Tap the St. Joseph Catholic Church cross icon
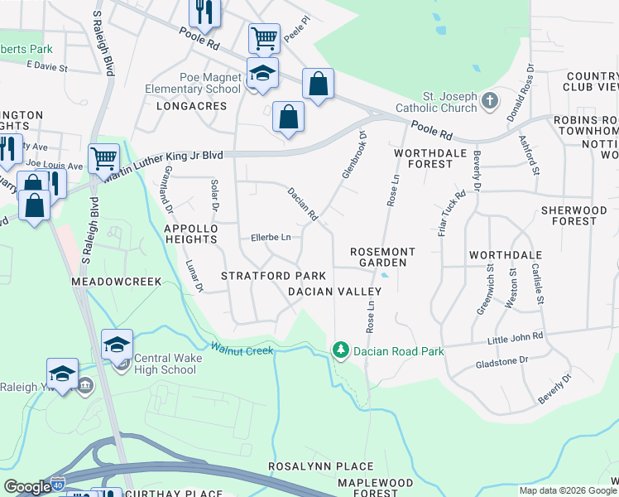[x=490, y=102]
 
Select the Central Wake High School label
[x=166, y=364]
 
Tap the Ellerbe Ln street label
[x=271, y=238]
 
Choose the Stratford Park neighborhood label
[x=273, y=275]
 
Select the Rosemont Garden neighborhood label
[x=378, y=257]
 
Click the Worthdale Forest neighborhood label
[x=424, y=159]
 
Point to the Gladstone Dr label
[x=501, y=362]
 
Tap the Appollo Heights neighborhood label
[x=190, y=233]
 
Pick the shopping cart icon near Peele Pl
[x=264, y=38]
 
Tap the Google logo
[x=27, y=487]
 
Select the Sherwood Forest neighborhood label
[x=579, y=215]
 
